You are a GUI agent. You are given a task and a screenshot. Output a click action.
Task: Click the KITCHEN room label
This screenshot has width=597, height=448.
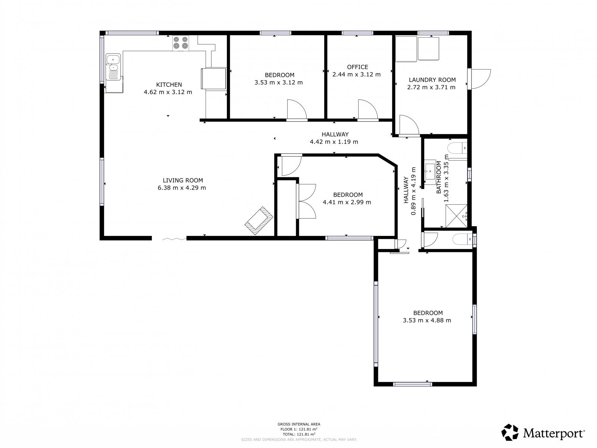169,84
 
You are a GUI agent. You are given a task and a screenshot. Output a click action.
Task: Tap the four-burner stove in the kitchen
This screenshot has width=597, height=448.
181,43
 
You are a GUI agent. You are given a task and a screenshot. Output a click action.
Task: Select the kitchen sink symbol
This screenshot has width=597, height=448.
113,67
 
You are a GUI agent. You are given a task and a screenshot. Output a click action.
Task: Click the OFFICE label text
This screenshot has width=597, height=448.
357,67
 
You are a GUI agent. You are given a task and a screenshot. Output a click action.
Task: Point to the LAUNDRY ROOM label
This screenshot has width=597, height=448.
432,80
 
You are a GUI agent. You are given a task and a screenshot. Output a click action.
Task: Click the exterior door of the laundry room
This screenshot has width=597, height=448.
479,79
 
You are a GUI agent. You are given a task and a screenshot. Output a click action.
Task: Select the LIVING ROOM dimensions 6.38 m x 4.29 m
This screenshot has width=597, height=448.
182,188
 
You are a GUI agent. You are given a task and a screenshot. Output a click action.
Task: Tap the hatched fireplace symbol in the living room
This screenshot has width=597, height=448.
259,221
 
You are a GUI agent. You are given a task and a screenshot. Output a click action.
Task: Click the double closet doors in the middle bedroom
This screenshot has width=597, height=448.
307,201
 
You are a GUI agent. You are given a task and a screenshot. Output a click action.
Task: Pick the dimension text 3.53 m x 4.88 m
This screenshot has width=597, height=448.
427,320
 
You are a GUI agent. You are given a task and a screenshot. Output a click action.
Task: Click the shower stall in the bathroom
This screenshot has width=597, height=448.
456,215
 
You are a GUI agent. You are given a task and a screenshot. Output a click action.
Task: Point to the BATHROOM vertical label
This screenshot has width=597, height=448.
439,177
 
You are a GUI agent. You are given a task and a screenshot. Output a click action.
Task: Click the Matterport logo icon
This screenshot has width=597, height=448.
510,432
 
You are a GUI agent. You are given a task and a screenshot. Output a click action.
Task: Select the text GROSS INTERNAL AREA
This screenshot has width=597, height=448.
298,424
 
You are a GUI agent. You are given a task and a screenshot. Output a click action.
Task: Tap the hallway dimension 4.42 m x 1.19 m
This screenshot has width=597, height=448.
334,142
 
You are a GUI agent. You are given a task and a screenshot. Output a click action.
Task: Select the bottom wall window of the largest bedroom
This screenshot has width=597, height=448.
412,383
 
